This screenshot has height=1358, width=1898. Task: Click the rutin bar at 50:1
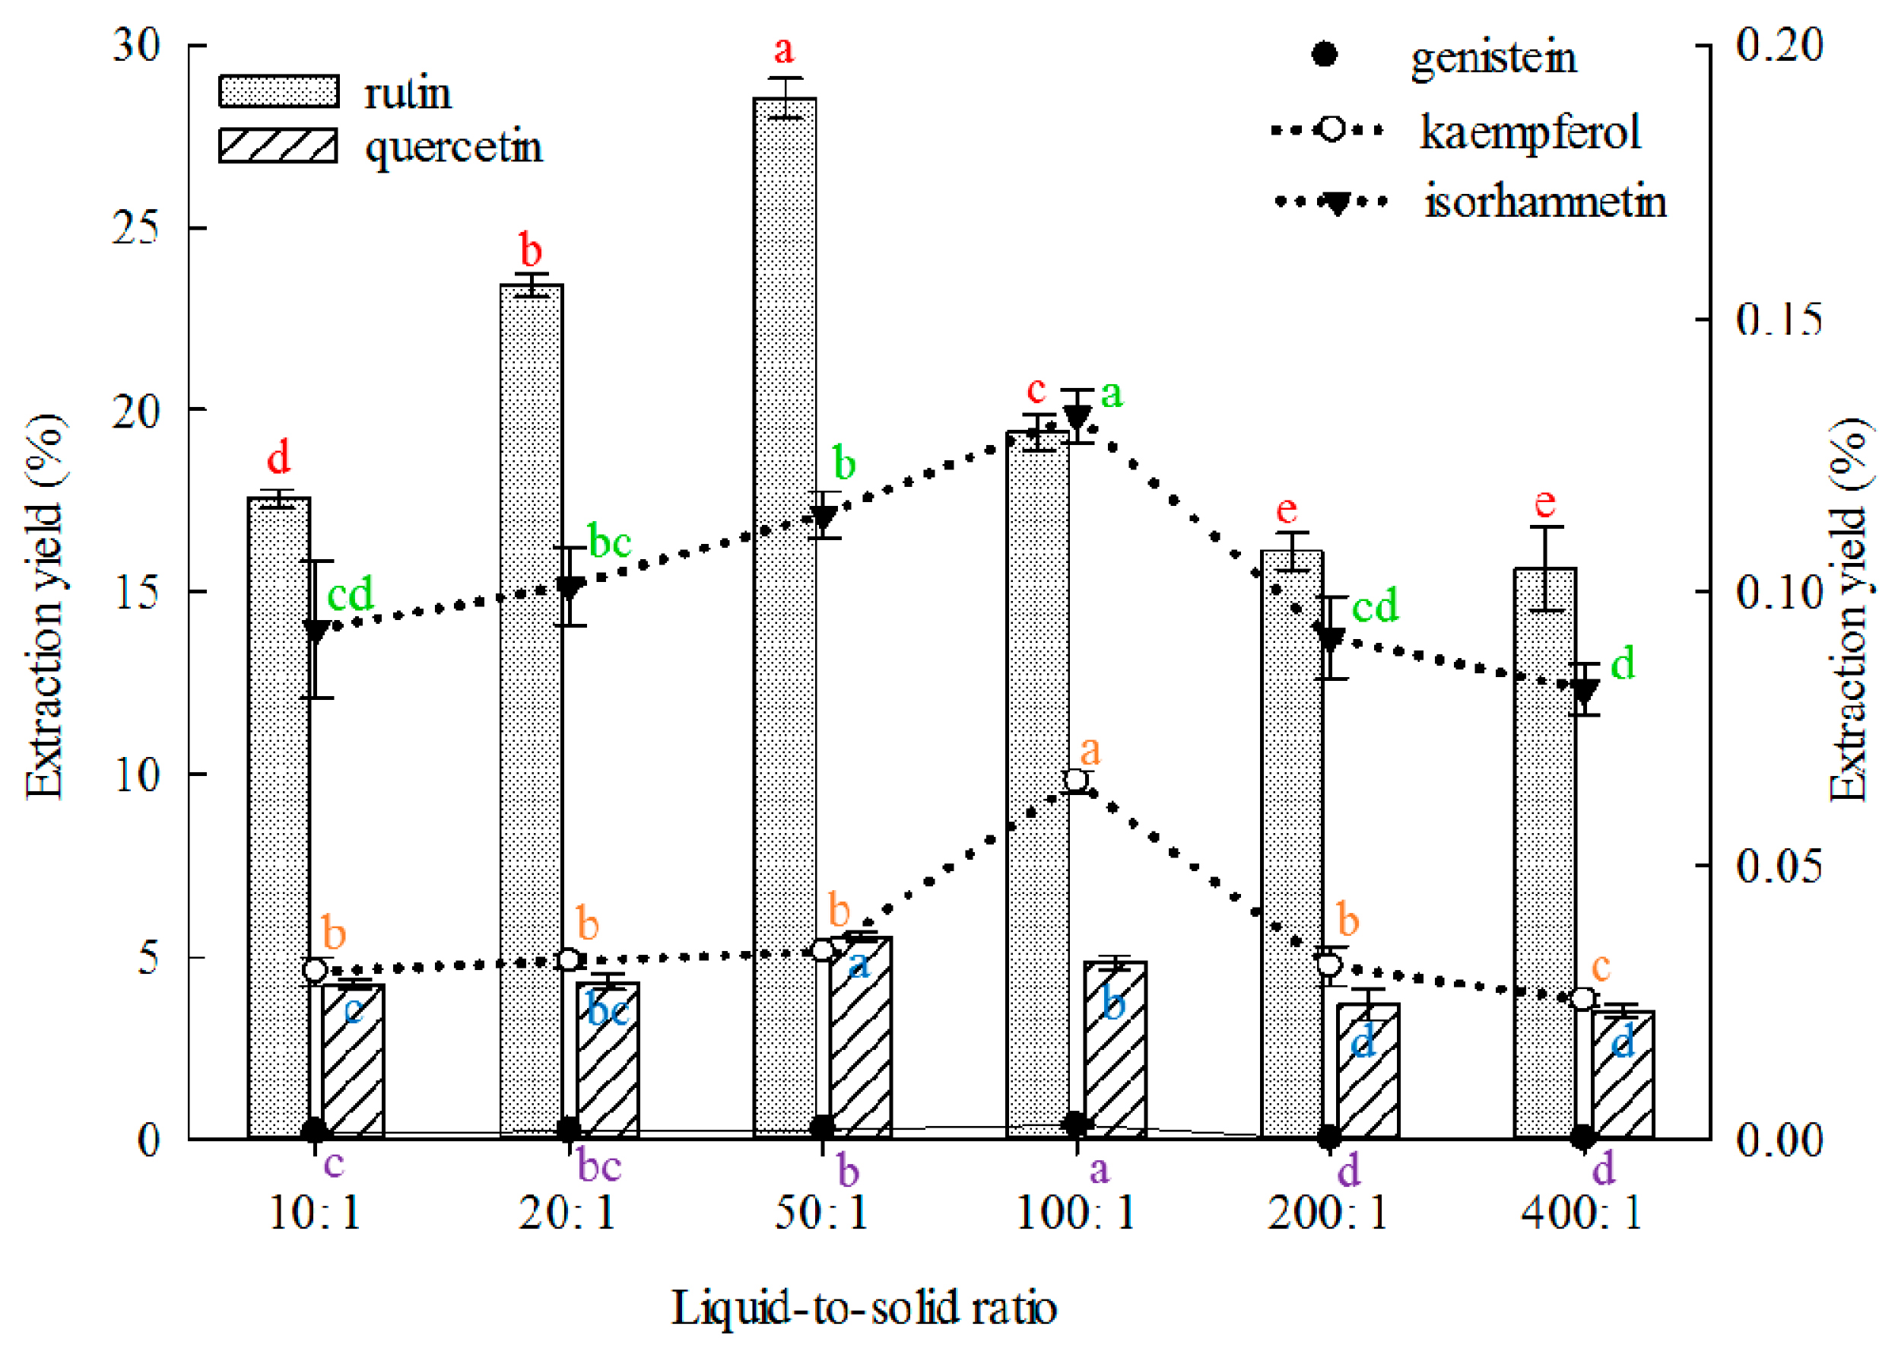784,619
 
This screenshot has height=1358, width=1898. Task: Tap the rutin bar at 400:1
1544,853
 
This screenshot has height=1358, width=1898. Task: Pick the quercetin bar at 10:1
353,1062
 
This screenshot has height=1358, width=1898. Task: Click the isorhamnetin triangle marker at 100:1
1078,415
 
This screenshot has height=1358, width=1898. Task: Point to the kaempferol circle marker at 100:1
1076,780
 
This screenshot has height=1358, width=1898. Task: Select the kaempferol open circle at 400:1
1582,998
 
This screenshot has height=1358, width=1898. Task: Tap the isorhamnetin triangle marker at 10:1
316,631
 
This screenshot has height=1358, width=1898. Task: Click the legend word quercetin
454,147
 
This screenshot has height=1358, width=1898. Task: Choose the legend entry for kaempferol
1529,132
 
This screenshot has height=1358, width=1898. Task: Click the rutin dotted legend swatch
278,91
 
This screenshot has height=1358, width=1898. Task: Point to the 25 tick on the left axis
135,227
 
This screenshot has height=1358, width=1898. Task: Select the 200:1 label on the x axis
1327,1213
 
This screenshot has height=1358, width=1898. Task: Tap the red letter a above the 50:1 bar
783,50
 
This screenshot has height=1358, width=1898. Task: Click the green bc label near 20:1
609,541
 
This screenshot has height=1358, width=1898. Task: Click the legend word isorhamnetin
1544,202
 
